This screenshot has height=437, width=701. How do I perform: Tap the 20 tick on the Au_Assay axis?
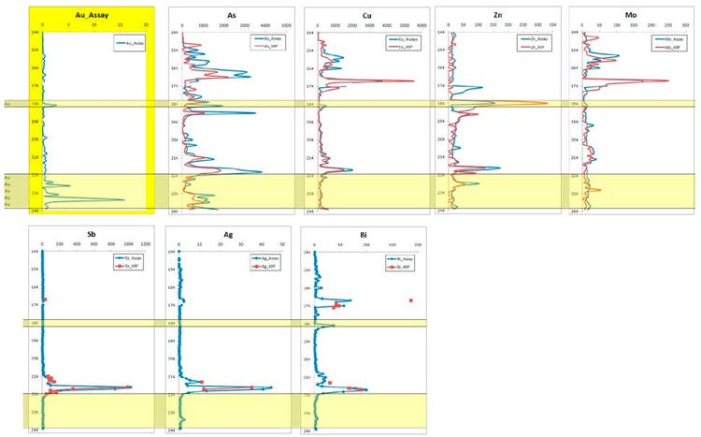[x=150, y=24]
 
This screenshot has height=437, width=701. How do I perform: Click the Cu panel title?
[x=366, y=15]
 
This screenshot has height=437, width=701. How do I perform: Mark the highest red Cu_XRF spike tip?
[x=413, y=81]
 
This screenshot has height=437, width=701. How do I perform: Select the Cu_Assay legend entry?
[x=405, y=40]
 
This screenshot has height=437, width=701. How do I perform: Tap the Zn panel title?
[x=499, y=15]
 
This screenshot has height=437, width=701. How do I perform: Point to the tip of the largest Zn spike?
[x=549, y=103]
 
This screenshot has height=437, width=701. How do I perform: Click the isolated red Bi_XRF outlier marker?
[x=410, y=300]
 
